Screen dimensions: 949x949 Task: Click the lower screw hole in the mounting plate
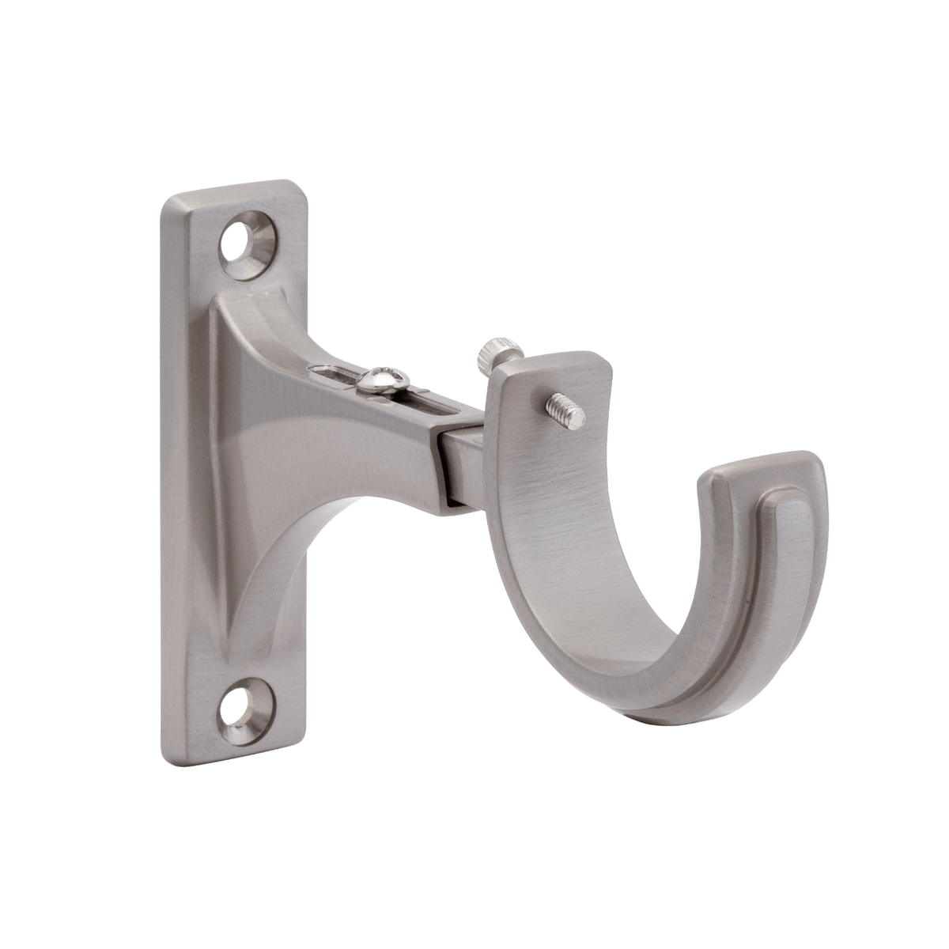coord(246,701)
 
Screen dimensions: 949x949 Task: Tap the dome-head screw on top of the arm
coord(381,380)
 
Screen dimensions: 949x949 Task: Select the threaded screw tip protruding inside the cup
coord(567,410)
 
